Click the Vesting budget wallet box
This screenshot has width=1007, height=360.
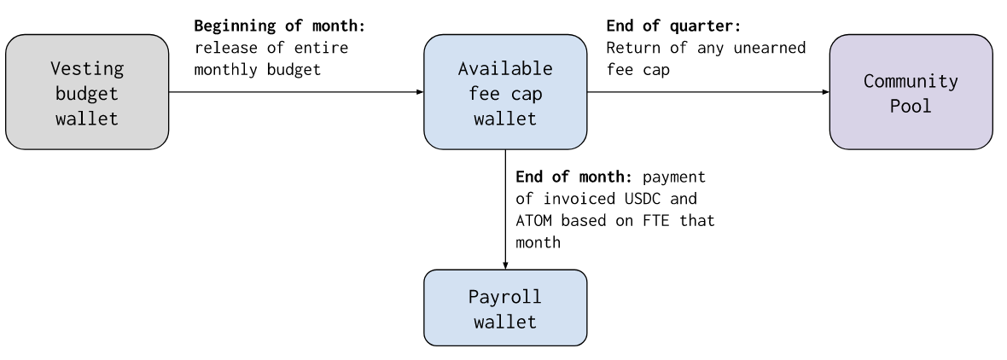pyautogui.click(x=87, y=92)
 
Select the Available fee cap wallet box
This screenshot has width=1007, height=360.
pyautogui.click(x=505, y=92)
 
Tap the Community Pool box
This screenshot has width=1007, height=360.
pyautogui.click(x=911, y=92)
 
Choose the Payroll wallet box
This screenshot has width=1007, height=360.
pyautogui.click(x=505, y=307)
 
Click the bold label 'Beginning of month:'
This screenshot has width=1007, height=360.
pyautogui.click(x=279, y=26)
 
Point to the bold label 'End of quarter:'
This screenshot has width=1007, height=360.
pyautogui.click(x=673, y=26)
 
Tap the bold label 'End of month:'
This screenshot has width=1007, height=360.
pyautogui.click(x=574, y=177)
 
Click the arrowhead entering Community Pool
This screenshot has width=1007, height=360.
pyautogui.click(x=825, y=92)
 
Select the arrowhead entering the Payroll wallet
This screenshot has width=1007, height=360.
pyautogui.click(x=505, y=265)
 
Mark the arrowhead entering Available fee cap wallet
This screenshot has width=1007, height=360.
pyautogui.click(x=420, y=92)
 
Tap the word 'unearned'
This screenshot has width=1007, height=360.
pyautogui.click(x=770, y=48)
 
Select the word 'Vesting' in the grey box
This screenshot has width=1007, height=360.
pyautogui.click(x=87, y=68)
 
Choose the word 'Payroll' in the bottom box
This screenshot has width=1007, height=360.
pyautogui.click(x=505, y=297)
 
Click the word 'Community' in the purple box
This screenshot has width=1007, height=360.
pyautogui.click(x=911, y=82)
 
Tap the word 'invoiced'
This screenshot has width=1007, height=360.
pyautogui.click(x=579, y=199)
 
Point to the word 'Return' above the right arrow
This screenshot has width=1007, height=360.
pyautogui.click(x=633, y=48)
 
